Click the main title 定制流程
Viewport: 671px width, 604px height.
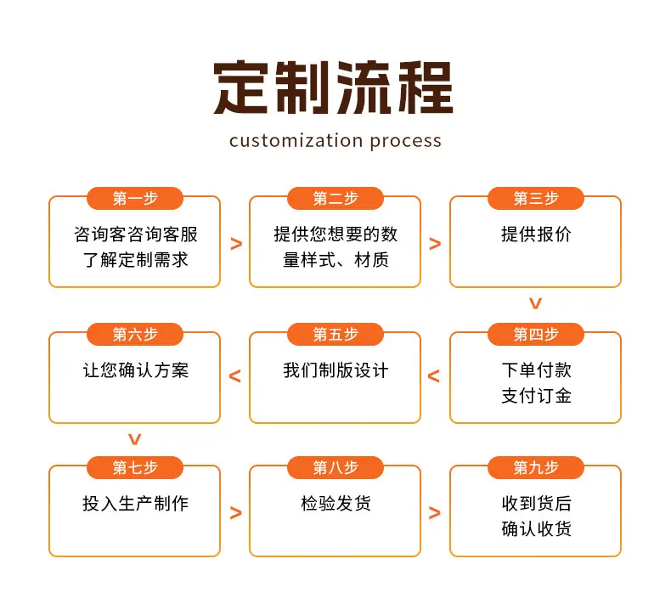(333, 87)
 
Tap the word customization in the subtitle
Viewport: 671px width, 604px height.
(296, 141)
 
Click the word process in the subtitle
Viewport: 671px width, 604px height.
(405, 142)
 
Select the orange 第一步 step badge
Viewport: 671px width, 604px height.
(135, 198)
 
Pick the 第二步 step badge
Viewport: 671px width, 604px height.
(335, 198)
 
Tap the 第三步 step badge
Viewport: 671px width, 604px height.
(536, 198)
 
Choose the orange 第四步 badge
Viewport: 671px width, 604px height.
(536, 334)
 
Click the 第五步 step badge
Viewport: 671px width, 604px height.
(335, 334)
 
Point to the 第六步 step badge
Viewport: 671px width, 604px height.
(135, 334)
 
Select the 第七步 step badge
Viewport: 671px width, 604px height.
(135, 467)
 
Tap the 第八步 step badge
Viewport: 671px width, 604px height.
(335, 467)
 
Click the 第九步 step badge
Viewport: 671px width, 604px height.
(536, 467)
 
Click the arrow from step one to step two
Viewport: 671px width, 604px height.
(236, 244)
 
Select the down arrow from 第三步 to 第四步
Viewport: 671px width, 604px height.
(535, 303)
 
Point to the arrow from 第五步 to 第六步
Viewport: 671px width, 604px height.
(235, 375)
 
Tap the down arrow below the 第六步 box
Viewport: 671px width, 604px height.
(135, 439)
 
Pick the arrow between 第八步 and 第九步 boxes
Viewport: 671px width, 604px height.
(434, 512)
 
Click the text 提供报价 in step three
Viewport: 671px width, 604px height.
(536, 234)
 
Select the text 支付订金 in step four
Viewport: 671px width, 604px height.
(536, 396)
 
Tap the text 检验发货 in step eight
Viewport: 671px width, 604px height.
(335, 503)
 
